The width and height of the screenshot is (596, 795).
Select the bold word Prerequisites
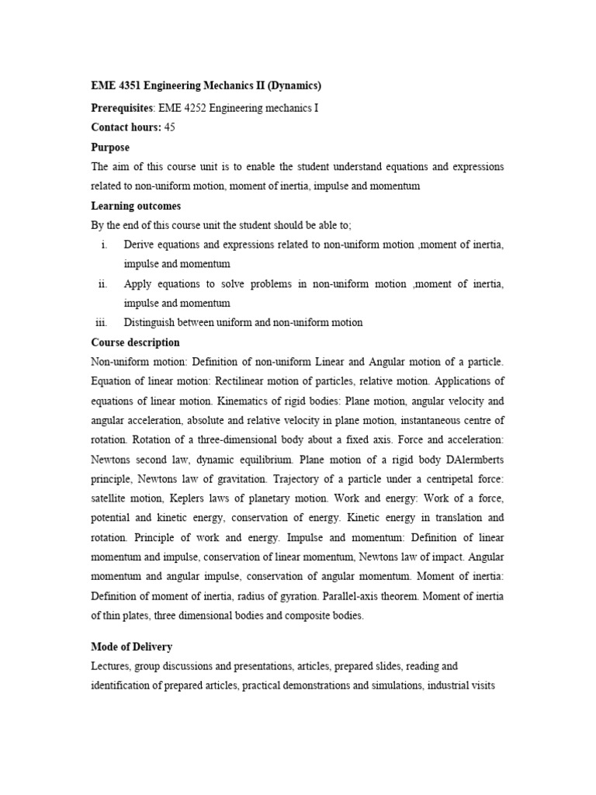coord(123,108)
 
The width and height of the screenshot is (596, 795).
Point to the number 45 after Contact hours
coord(170,127)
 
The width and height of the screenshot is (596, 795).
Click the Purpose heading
coord(110,148)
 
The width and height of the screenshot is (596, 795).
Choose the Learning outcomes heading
coord(136,206)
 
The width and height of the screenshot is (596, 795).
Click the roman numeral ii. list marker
coord(102,284)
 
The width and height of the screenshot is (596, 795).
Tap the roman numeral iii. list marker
coord(101,323)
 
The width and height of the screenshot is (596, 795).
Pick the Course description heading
coord(135,342)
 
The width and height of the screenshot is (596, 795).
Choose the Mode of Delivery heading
coord(132,647)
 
